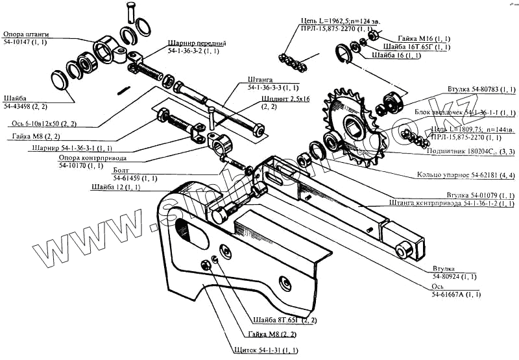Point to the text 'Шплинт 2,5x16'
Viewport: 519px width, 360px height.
[x=285, y=99]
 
